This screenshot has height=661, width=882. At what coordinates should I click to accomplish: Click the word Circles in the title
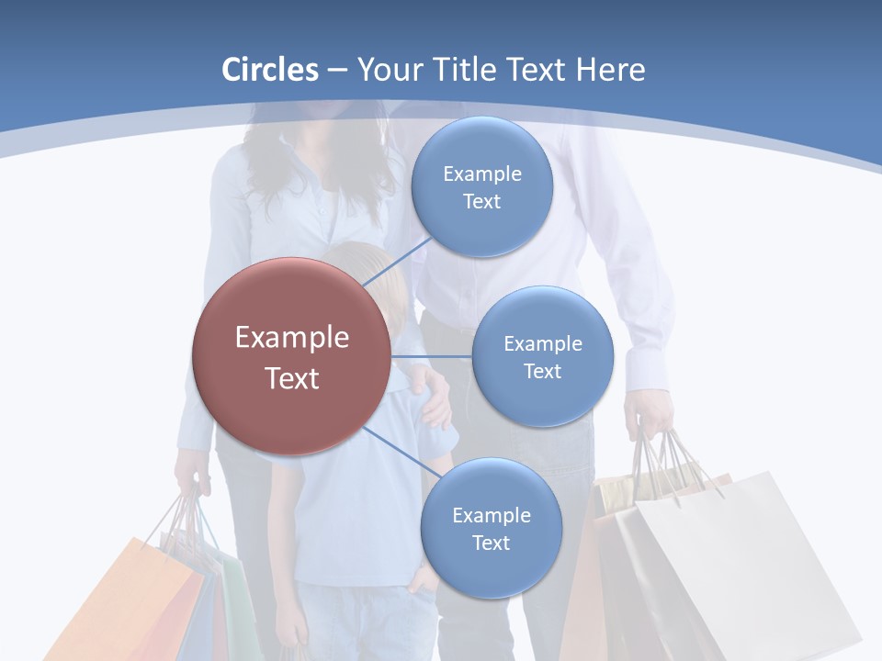point(269,70)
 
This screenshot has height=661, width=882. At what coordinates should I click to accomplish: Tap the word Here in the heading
point(610,70)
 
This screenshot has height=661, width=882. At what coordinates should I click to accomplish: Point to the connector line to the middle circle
point(432,356)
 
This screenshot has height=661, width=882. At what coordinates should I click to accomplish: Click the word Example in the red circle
point(292,338)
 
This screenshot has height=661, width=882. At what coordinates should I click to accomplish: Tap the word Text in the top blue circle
point(481,202)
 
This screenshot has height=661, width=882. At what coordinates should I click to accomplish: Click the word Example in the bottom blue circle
point(491,515)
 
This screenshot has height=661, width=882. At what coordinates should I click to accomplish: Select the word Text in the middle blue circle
point(542,371)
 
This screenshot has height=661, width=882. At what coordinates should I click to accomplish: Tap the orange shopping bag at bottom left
point(129,597)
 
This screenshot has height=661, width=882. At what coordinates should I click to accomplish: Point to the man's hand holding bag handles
point(649,418)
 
